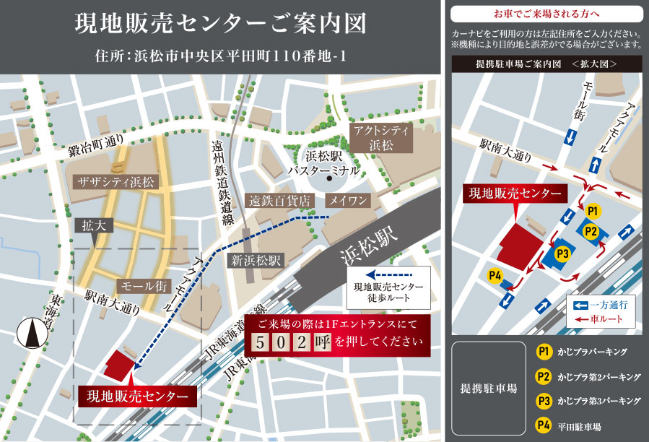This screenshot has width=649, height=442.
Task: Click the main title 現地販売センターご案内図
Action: pos(220,23)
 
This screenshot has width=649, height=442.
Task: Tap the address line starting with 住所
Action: pos(220,56)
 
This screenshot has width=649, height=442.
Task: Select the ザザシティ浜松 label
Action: pos(118,182)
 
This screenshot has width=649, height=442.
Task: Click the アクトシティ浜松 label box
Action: pos(380,137)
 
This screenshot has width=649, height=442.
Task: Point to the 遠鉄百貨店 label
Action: pos(279,200)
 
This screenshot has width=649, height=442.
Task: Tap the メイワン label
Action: pos(348,200)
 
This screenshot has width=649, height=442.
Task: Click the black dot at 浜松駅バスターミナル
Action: pos(328,178)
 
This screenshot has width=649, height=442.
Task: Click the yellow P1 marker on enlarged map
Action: pos(593,211)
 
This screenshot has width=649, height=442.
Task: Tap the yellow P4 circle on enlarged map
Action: pos(495,275)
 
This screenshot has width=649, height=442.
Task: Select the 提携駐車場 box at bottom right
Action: pos(488,389)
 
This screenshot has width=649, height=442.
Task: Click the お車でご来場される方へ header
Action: pos(546,14)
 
